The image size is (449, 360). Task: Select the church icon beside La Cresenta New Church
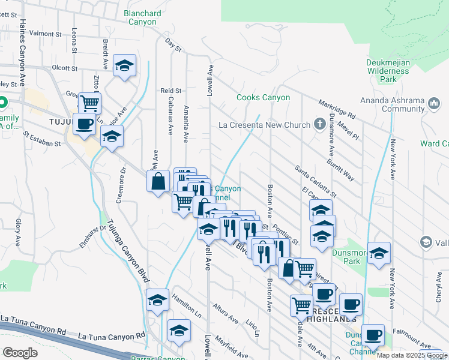pos(322,124)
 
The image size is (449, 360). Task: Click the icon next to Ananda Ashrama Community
pos(435,104)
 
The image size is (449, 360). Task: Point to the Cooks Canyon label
pos(263,97)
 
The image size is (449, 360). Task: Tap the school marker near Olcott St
pos(124,67)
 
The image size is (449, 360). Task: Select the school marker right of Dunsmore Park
pos(379,254)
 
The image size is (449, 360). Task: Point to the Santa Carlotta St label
pos(315,178)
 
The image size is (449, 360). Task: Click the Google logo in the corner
pos(20,352)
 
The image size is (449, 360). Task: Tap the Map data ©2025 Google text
pos(412,355)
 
